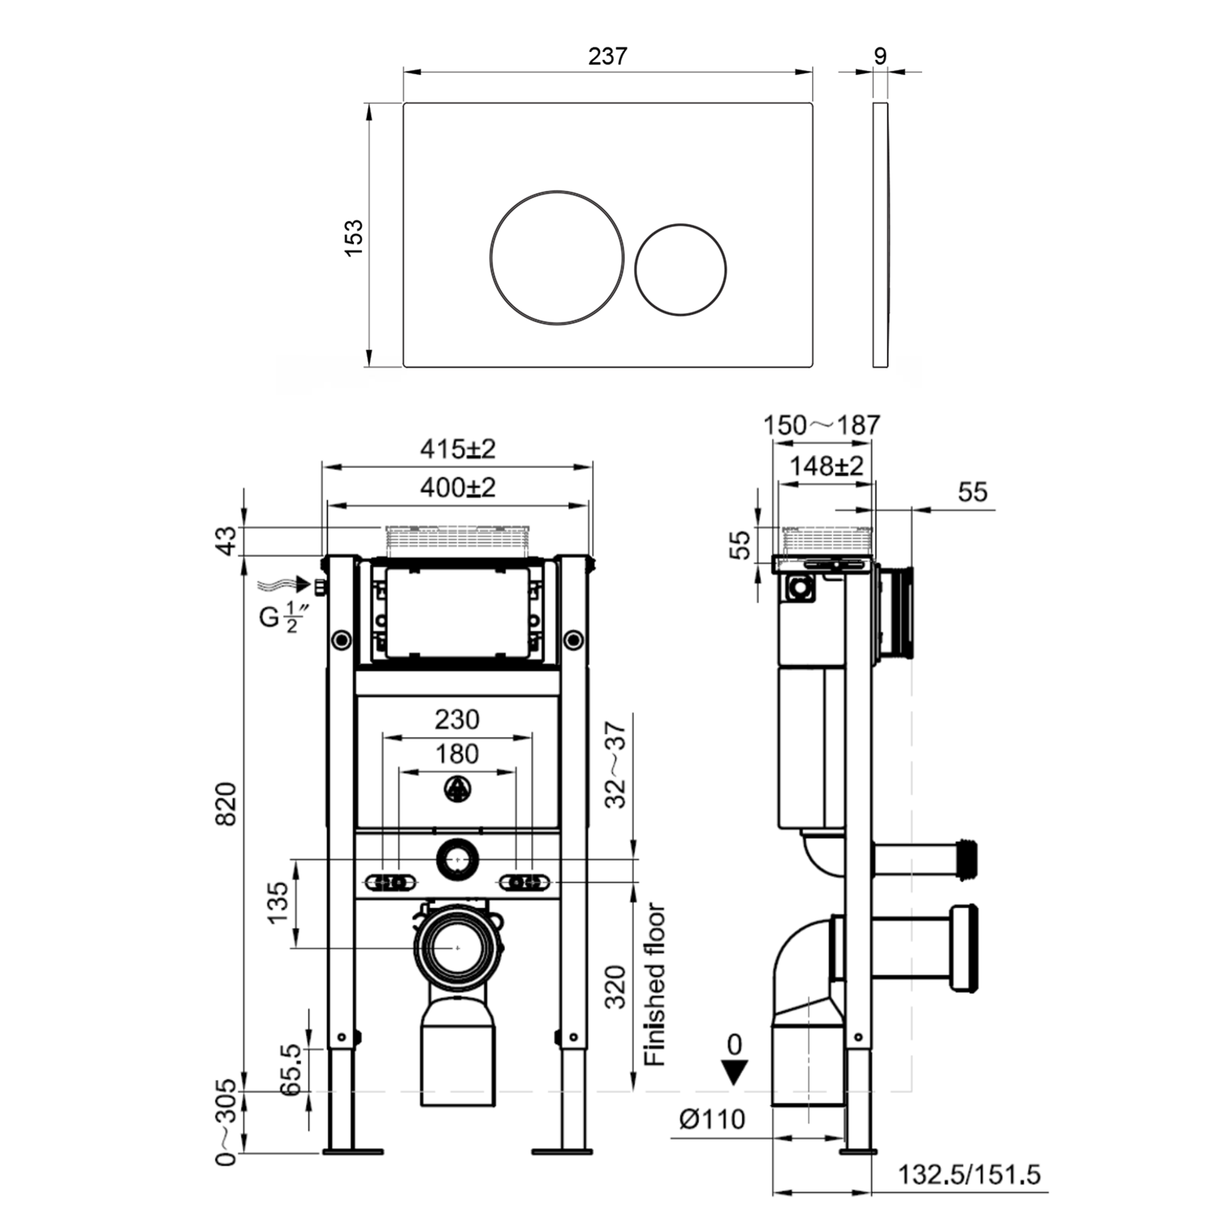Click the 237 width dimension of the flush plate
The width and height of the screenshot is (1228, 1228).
[607, 56]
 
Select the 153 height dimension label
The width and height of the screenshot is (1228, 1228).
[353, 237]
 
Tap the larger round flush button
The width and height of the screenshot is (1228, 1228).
[556, 256]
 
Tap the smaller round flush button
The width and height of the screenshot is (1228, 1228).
[681, 269]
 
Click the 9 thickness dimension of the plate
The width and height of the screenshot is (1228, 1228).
[880, 56]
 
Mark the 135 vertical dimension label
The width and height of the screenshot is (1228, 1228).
[278, 904]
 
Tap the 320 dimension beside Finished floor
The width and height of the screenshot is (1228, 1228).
[615, 987]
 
